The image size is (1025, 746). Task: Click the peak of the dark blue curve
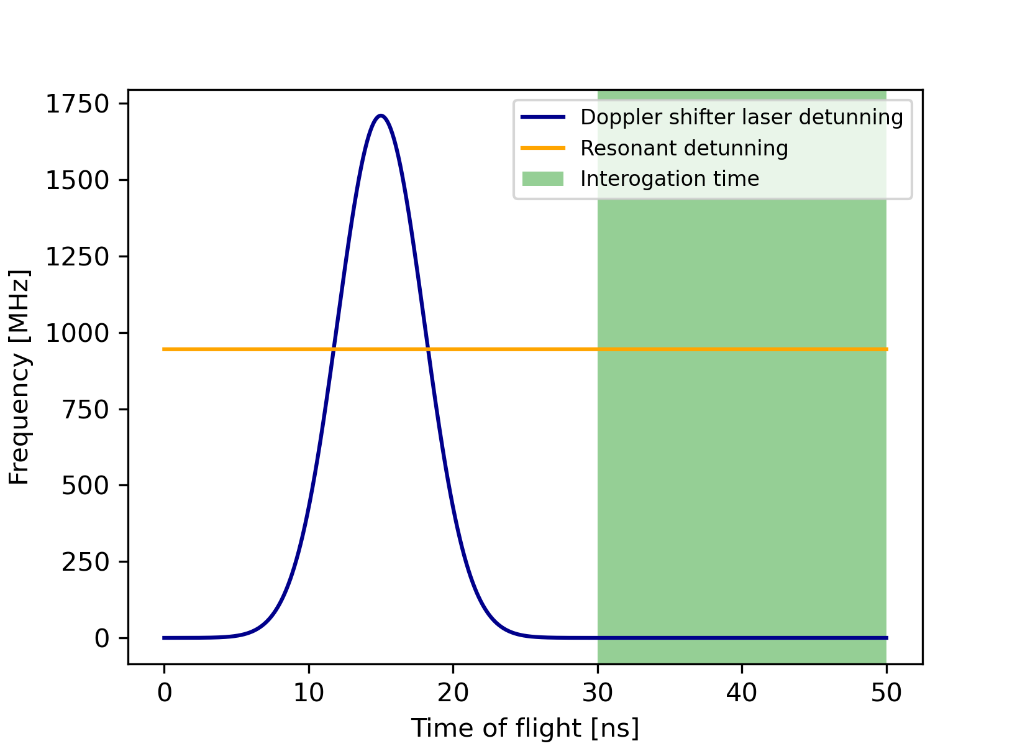[x=381, y=116]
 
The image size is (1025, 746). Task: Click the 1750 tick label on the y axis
[x=77, y=104]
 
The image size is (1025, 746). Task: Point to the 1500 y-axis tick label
[x=77, y=180]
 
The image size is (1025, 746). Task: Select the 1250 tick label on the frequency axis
[x=77, y=257]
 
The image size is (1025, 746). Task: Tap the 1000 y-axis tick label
[x=77, y=333]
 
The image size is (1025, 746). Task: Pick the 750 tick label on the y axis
[x=86, y=409]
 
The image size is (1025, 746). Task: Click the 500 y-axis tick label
[x=86, y=486]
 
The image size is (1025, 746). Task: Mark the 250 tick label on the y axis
[x=86, y=562]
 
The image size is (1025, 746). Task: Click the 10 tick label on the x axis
[x=309, y=693]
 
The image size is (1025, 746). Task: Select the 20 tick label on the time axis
[x=453, y=693]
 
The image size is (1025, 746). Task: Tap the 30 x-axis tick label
[x=598, y=693]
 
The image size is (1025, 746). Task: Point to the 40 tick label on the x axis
[x=742, y=693]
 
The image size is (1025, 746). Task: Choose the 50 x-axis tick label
[x=886, y=693]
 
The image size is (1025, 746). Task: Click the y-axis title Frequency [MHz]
[x=20, y=377]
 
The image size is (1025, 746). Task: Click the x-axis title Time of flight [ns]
[x=525, y=728]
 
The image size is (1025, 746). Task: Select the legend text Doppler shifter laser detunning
[x=742, y=117]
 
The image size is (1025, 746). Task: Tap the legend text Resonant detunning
[x=684, y=148]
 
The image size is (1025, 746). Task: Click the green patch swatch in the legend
[x=543, y=179]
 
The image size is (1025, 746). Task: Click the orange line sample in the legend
[x=543, y=148]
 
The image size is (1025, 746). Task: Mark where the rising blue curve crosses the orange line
[x=333, y=349]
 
